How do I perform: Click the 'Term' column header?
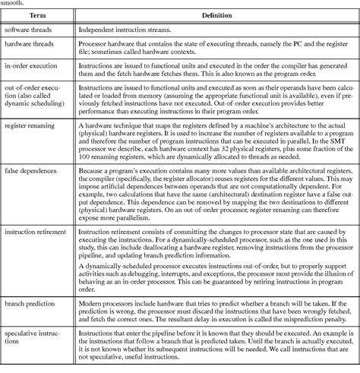[38, 14]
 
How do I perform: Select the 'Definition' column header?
[216, 14]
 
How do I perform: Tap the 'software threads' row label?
[30, 30]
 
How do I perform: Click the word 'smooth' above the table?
[11, 3]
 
